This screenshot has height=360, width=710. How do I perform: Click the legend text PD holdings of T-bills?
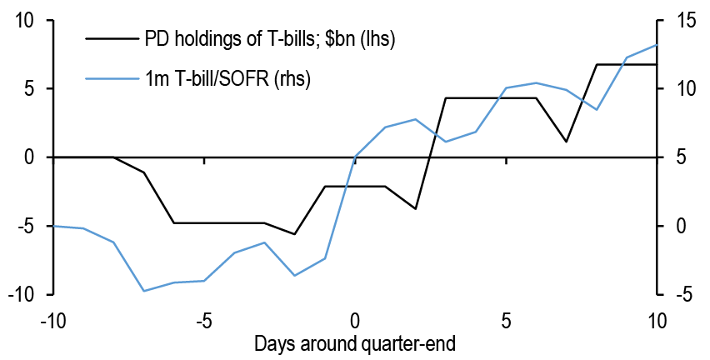[x=269, y=38]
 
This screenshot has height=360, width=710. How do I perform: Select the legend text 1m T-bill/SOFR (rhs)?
[x=228, y=78]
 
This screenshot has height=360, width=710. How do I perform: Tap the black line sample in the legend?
[x=111, y=38]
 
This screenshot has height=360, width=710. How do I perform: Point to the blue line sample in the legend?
[x=111, y=78]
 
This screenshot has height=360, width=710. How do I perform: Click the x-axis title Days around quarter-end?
[x=355, y=342]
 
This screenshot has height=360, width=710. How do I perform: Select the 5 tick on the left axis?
[x=27, y=88]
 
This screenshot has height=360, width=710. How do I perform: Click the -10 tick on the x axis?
[x=52, y=318]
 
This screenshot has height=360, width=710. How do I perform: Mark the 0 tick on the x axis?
[x=355, y=318]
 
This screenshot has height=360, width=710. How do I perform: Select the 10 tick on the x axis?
[x=657, y=318]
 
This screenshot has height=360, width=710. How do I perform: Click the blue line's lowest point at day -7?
[x=143, y=291]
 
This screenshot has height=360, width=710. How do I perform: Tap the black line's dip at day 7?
[x=566, y=142]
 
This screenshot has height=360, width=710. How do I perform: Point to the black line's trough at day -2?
[x=294, y=234]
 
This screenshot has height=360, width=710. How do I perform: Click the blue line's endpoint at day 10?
[x=657, y=45]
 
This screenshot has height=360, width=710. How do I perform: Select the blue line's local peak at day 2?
[x=415, y=119]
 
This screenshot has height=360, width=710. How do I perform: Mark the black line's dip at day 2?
[x=415, y=208]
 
